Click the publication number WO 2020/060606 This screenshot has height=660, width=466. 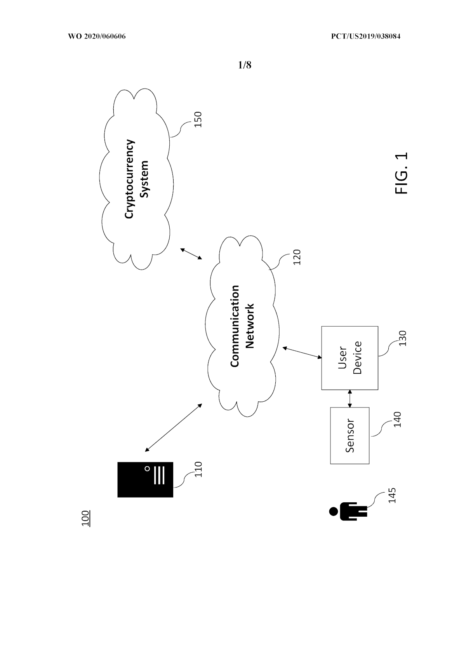tap(97, 36)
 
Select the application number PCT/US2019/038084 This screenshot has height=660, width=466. tap(365, 36)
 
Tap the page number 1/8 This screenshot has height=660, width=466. tap(245, 65)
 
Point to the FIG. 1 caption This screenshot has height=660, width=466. tap(401, 173)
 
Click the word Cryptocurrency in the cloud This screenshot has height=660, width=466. tap(129, 179)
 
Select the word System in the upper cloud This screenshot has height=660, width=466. tap(144, 179)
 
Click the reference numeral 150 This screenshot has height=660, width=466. tap(198, 119)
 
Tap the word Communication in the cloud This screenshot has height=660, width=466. tap(235, 326)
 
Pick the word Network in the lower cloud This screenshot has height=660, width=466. tap(250, 326)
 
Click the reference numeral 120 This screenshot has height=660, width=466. tap(297, 257)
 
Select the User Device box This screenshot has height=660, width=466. tap(349, 358)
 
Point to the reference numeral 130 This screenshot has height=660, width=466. tap(402, 338)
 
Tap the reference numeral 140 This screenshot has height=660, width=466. tap(397, 419)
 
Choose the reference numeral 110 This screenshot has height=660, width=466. tap(198, 469)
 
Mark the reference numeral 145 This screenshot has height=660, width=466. tap(392, 495)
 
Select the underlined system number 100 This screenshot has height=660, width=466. tap(86, 518)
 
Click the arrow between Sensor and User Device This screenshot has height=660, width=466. tap(349, 399)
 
